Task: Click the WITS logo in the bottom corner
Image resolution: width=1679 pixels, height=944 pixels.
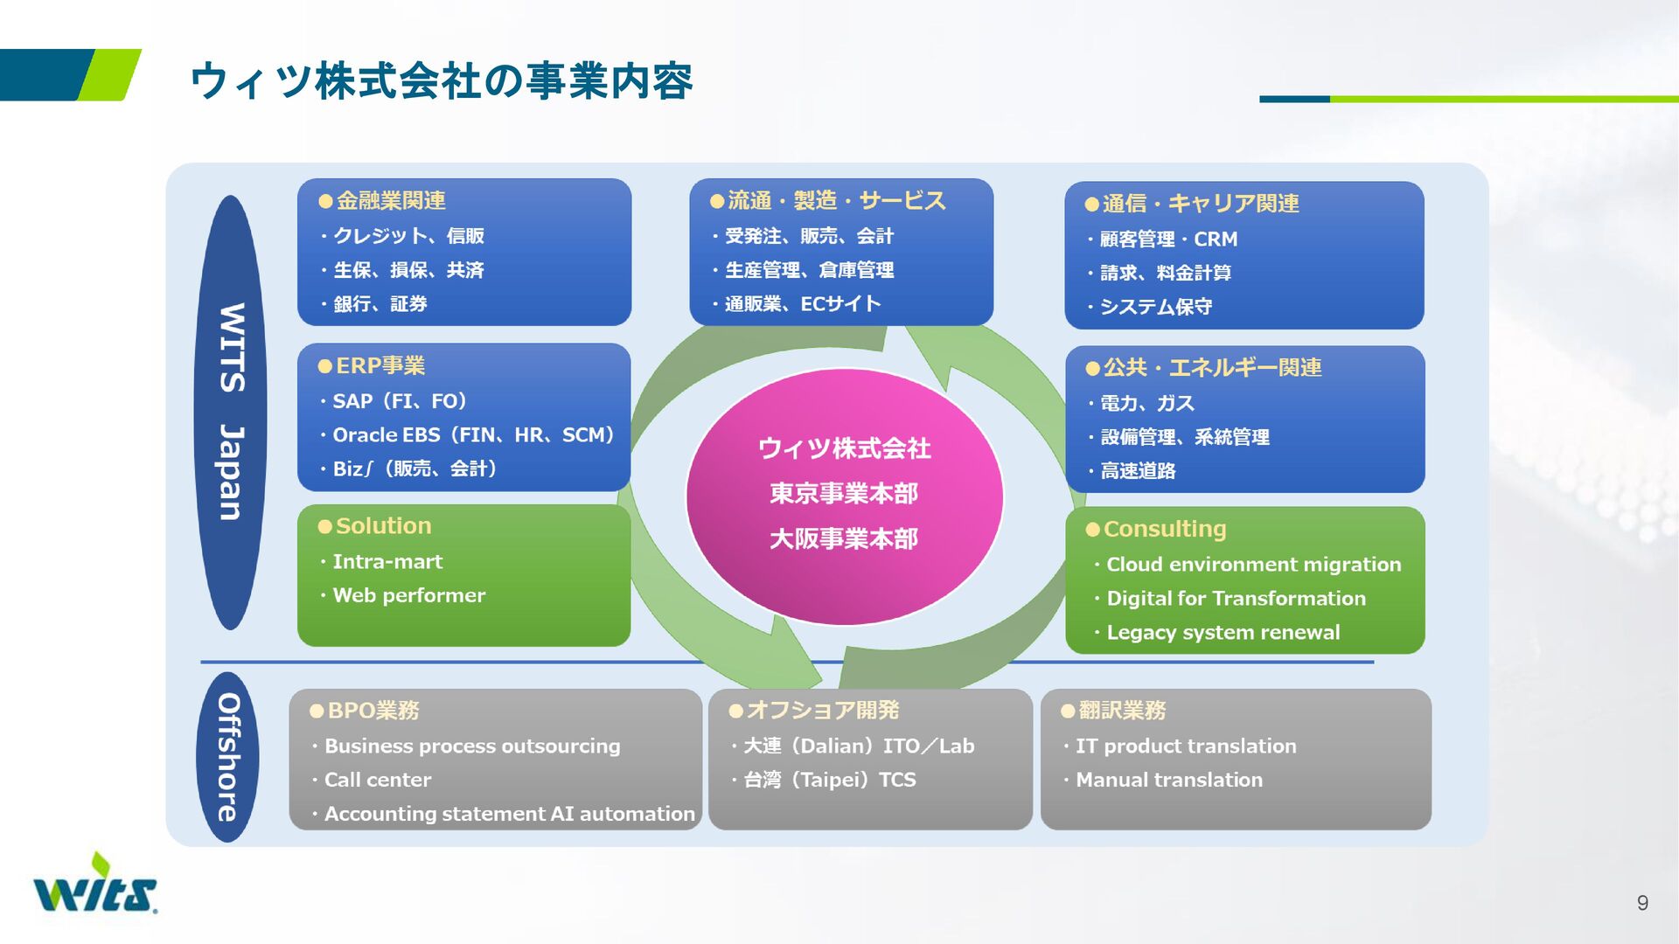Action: (95, 885)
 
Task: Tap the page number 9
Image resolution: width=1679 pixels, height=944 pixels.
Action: (1642, 903)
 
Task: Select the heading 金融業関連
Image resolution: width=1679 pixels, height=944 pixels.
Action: (391, 201)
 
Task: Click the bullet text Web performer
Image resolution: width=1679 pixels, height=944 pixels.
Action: (408, 595)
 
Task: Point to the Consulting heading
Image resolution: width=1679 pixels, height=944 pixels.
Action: (1165, 529)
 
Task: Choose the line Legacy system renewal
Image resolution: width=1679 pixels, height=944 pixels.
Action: (1223, 632)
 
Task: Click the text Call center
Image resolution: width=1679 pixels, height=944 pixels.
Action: (378, 780)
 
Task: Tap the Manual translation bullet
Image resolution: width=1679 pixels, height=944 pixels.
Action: (1168, 780)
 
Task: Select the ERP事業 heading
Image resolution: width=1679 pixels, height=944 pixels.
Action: (380, 365)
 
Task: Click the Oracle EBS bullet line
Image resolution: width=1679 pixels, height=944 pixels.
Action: (473, 434)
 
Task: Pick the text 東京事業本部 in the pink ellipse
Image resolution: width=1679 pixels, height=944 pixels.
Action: (844, 494)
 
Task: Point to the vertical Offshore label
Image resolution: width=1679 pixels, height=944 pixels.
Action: (228, 757)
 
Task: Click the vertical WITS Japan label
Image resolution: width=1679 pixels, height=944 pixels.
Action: (231, 412)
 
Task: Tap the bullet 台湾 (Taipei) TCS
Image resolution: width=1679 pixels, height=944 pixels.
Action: (829, 780)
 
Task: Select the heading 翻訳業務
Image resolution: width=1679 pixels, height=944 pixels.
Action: (1122, 711)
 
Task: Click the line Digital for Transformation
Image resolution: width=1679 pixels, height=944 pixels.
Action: (1236, 599)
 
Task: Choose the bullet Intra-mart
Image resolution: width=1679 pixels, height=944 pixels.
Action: (387, 562)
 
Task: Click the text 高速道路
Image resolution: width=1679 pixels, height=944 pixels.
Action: (1138, 471)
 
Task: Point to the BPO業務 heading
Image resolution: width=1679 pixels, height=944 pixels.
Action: (373, 711)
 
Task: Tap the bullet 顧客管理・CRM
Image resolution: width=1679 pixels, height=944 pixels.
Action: (1168, 239)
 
